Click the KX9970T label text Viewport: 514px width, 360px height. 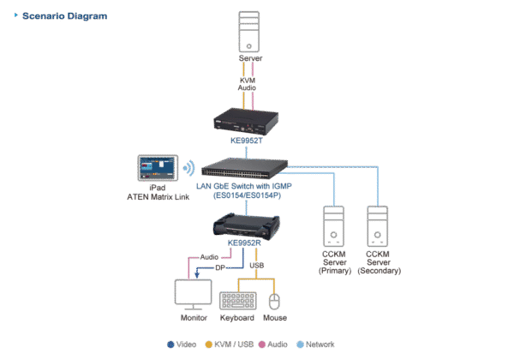pyautogui.click(x=248, y=140)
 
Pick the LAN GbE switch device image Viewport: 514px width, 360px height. pyautogui.click(x=248, y=167)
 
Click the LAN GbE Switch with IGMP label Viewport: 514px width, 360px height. pyautogui.click(x=248, y=187)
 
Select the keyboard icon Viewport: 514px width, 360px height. pyautogui.click(x=236, y=301)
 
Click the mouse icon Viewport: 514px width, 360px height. pyautogui.click(x=275, y=301)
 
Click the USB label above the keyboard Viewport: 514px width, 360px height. pyautogui.click(x=256, y=266)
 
